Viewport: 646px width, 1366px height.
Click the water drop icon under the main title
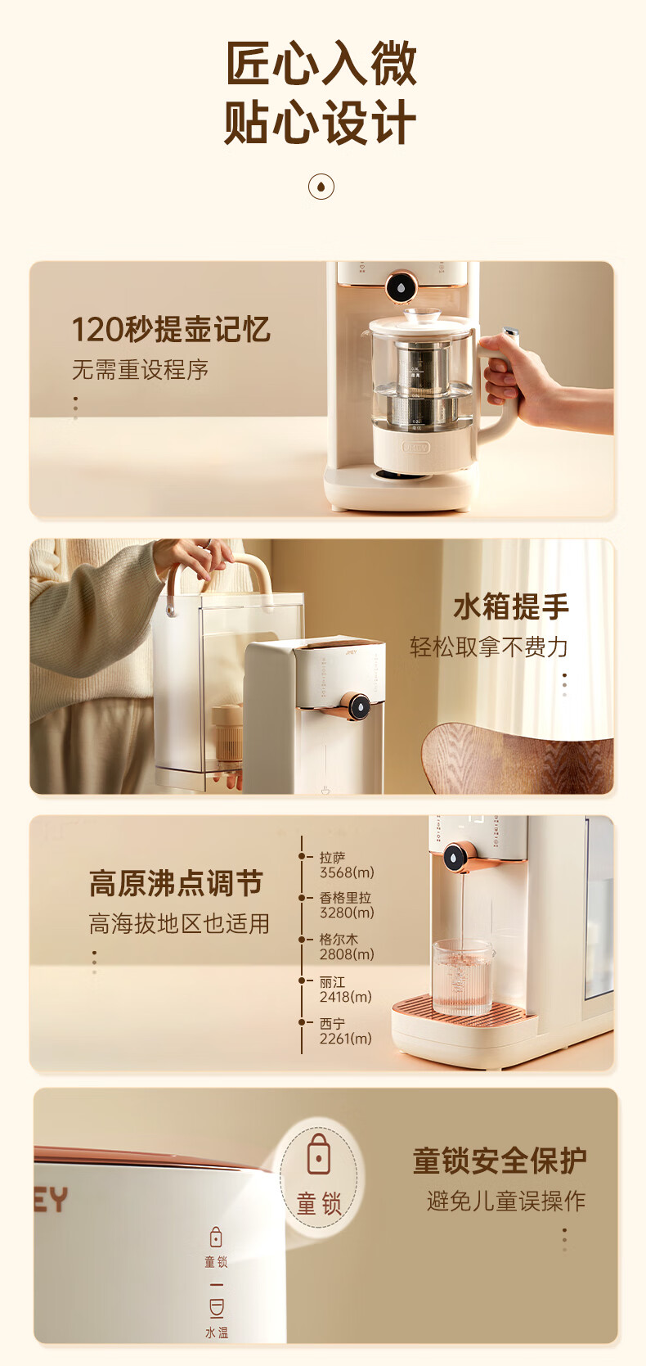321,186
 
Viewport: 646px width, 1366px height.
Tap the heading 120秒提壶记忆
171,329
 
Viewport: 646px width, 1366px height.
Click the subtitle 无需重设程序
140,370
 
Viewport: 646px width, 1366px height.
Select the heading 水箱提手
511,606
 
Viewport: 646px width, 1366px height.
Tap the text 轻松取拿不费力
489,647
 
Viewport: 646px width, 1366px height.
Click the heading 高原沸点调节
176,883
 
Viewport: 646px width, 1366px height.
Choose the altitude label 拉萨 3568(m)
346,865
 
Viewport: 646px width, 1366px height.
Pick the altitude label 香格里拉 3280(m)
346,905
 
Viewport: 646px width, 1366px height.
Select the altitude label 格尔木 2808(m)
346,947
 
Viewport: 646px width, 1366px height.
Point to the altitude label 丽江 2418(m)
345,990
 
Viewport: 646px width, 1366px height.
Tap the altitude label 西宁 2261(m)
345,1031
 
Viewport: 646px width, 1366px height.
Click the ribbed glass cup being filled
463,977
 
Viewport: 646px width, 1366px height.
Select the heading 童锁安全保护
500,1161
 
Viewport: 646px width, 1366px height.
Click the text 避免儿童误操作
506,1201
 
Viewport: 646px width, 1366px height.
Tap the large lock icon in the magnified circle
319,1154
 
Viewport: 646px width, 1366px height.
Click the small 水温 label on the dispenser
217,1332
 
